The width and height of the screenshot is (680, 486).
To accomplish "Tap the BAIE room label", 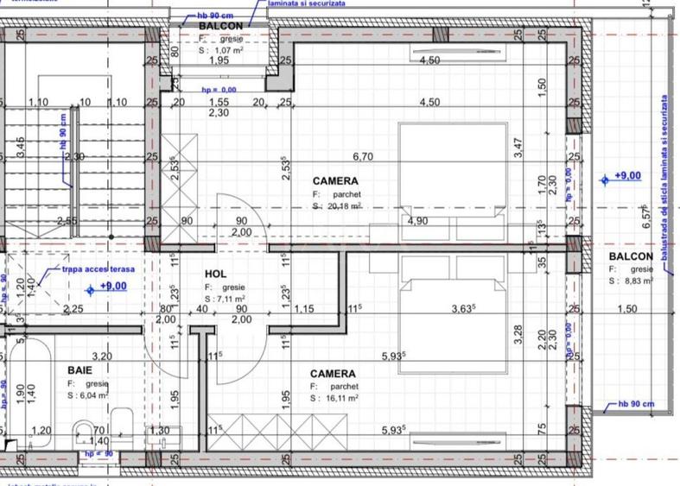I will [80, 369].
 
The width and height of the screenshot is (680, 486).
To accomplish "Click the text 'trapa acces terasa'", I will [99, 269].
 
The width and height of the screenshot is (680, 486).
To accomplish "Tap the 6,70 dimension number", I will [362, 157].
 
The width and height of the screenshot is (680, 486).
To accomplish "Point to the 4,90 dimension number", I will [418, 221].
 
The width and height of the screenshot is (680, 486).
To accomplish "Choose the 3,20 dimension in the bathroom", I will [102, 356].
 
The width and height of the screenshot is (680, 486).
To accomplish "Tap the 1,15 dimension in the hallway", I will [303, 309].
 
